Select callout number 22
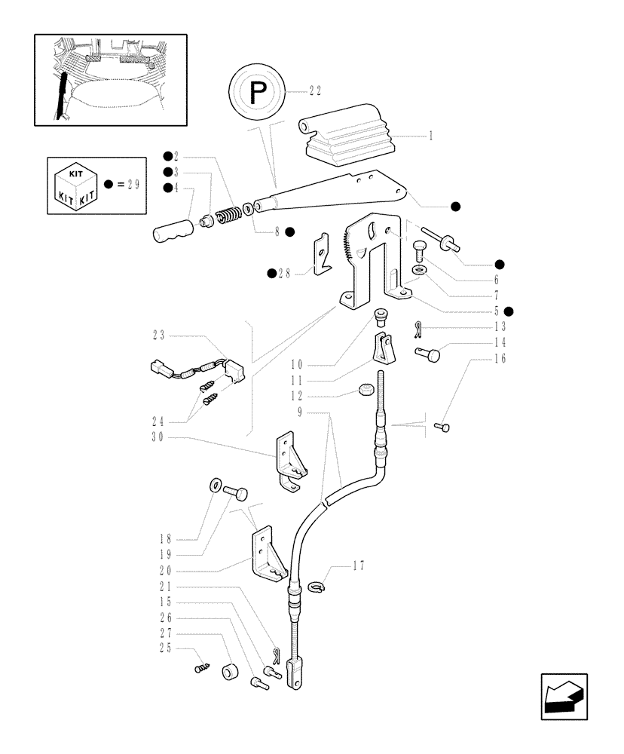click(x=315, y=90)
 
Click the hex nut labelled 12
click(x=365, y=391)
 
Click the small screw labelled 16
click(x=444, y=428)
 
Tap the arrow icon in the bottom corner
click(x=564, y=697)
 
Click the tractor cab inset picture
click(x=111, y=78)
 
